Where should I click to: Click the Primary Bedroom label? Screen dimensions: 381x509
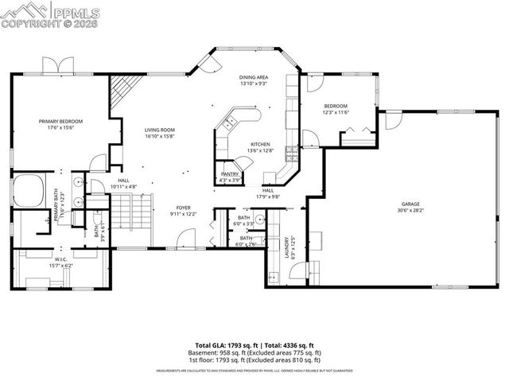61,121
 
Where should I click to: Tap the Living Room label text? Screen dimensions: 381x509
159,130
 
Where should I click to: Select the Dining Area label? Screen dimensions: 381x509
253,77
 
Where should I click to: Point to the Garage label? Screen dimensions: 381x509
410,204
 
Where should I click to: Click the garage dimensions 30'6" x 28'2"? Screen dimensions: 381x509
410,211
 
